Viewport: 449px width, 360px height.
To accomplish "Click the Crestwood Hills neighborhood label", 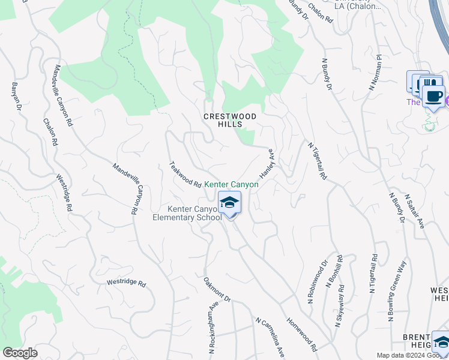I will (230, 120).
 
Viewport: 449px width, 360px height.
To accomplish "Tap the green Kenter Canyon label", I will (232, 185).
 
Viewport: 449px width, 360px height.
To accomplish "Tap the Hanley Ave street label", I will (267, 164).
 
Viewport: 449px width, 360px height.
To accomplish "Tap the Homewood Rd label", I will (302, 334).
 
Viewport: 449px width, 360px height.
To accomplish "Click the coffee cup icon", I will (433, 96).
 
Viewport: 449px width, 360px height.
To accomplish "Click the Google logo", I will (20, 353).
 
